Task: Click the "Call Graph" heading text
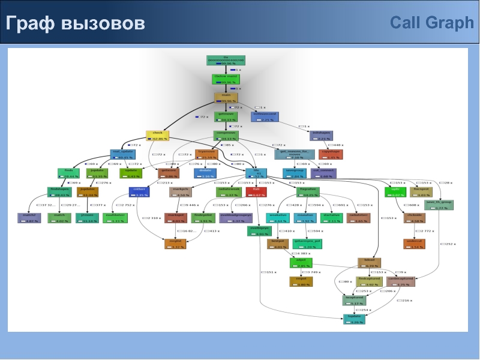pos(431,23)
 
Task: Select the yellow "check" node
pos(158,136)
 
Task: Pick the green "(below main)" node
pos(226,79)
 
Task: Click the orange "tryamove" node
pos(206,154)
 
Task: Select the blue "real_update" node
pos(123,155)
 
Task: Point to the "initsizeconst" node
pos(265,116)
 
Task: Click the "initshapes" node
pos(321,136)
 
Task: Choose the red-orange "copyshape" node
pos(331,154)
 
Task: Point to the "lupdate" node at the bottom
pos(355,319)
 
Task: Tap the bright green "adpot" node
pos(301,262)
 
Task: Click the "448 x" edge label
pos(337,145)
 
